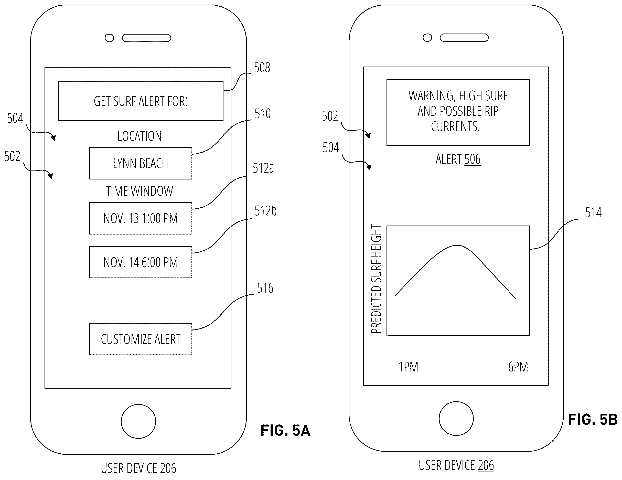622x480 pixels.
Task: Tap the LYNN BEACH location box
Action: [141, 163]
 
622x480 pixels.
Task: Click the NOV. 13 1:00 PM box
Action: [141, 218]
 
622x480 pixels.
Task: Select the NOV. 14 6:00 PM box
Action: [141, 262]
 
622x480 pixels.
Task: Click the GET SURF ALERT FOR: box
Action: [141, 101]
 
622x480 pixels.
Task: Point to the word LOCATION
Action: [140, 136]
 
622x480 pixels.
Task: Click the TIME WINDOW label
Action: [140, 191]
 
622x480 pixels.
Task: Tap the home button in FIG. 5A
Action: [138, 421]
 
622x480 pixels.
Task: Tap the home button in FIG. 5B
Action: [456, 419]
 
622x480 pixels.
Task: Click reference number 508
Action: [262, 68]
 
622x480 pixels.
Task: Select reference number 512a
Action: [263, 168]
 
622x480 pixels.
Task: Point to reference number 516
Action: [265, 288]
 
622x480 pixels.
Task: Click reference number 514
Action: [593, 213]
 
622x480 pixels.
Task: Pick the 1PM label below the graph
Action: [409, 367]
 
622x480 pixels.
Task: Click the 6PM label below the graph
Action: [518, 367]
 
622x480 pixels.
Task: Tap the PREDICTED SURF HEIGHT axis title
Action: [376, 279]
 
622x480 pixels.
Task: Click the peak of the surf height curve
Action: [457, 245]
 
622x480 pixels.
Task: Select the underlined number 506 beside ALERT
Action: [472, 159]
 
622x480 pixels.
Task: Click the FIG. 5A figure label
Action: [285, 430]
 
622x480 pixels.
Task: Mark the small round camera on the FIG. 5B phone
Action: [427, 38]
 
